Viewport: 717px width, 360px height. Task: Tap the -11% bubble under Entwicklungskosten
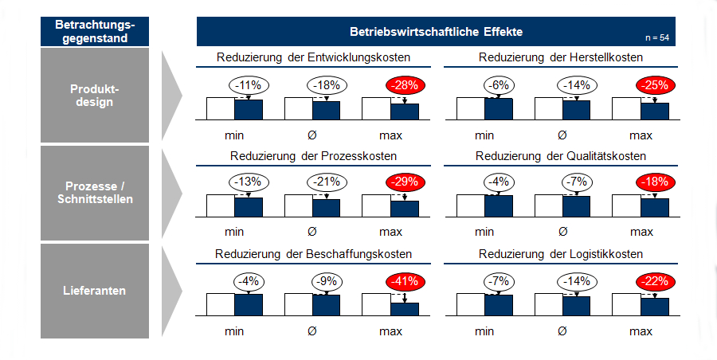coord(248,85)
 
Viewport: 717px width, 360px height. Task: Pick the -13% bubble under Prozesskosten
coord(248,182)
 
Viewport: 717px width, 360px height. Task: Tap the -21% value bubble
coord(326,182)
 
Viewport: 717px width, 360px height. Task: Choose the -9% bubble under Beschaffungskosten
coord(326,281)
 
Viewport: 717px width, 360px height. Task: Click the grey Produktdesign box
coord(95,96)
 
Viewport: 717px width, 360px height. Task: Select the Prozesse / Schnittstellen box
coord(95,193)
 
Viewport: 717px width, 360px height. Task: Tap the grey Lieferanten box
coord(95,291)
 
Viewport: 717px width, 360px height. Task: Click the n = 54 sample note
coord(657,38)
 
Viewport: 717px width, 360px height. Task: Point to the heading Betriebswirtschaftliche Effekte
coord(436,32)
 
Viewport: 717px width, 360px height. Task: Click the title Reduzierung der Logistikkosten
coord(561,254)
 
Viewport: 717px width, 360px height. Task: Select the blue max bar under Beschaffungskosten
coord(405,309)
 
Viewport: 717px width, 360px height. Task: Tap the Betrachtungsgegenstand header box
coord(95,31)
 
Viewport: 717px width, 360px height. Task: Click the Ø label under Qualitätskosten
coord(562,232)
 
